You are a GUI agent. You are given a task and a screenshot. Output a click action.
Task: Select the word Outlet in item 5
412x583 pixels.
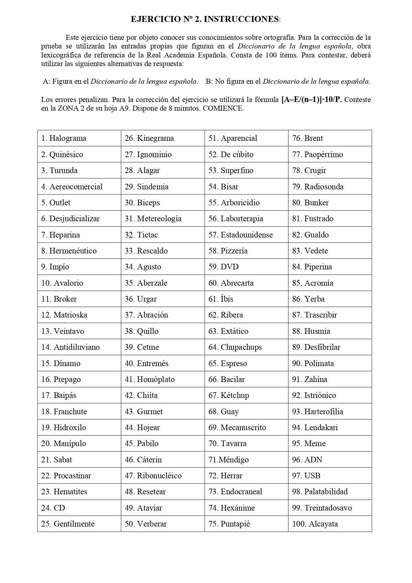pos(60,203)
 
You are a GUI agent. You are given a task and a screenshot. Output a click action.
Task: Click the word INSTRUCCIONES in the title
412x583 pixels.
pos(241,19)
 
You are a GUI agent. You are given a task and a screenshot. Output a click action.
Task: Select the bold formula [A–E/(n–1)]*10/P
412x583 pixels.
pos(311,100)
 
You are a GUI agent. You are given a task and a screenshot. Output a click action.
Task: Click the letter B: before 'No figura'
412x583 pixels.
pos(209,81)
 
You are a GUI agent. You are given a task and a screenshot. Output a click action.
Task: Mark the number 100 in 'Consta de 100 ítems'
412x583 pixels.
pos(272,55)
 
